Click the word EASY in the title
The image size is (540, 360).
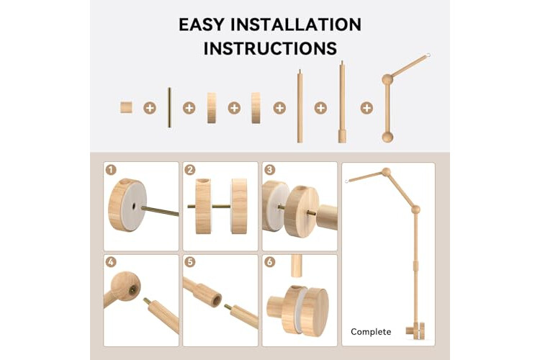[202, 24]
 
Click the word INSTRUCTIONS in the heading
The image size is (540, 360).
[270, 48]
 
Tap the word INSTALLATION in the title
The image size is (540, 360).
[296, 24]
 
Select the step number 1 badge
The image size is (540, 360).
[111, 170]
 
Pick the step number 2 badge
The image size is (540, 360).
[190, 170]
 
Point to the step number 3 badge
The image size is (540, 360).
[269, 170]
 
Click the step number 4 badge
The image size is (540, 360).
[111, 262]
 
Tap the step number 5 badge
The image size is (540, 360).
[190, 262]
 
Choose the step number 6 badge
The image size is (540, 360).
[269, 262]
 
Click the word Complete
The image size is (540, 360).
[371, 332]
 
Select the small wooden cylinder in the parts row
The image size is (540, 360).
[127, 107]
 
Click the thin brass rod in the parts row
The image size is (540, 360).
[169, 107]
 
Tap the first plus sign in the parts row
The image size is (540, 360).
[150, 108]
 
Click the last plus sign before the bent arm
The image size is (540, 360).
[366, 108]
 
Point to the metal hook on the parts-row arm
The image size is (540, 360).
[428, 55]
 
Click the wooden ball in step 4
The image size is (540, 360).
[125, 287]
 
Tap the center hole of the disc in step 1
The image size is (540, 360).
[133, 207]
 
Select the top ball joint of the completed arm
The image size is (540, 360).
[386, 172]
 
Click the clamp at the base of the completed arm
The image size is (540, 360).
[415, 330]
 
